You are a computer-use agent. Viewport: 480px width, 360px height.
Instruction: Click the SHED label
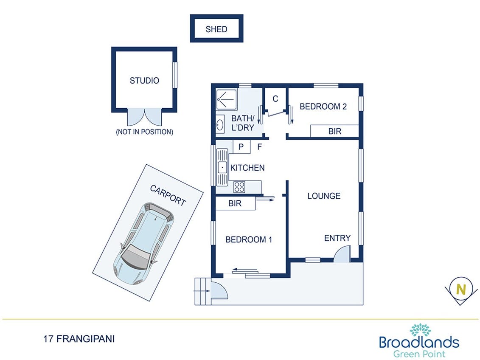coord(216,29)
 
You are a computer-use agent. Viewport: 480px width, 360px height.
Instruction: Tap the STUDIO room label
coord(144,80)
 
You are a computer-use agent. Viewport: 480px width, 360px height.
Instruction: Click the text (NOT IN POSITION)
coord(144,132)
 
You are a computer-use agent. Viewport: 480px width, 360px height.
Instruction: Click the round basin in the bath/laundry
coord(220,125)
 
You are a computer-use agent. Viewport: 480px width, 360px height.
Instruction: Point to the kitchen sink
coord(222,167)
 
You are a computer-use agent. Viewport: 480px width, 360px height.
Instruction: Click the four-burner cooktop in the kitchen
coord(239,187)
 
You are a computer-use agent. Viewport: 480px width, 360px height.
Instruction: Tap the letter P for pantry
coord(241,147)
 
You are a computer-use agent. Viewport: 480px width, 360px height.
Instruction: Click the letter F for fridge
coord(259,147)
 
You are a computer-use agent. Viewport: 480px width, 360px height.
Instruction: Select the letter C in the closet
coord(275,99)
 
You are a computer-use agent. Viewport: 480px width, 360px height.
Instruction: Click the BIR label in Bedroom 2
coord(334,132)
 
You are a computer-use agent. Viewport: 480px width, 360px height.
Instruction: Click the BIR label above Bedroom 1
coord(235,204)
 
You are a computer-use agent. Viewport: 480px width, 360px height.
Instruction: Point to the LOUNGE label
coord(324,196)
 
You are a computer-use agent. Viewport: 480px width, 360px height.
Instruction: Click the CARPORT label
coord(168,195)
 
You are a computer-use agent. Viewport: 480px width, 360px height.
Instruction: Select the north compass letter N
coord(460,290)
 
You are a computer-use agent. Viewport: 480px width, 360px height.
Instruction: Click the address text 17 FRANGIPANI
coord(79,339)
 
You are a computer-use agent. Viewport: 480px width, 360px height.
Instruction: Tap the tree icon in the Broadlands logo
coord(420,330)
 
